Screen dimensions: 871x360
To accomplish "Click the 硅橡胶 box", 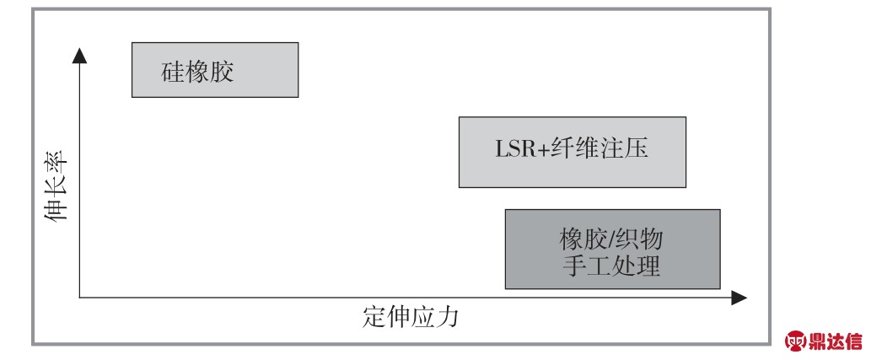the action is (x=215, y=70).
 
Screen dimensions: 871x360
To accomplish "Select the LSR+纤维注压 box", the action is (x=573, y=152).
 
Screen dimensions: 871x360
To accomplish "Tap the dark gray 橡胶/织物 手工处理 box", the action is (x=613, y=249).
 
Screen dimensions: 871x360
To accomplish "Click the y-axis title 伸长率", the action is (x=56, y=185).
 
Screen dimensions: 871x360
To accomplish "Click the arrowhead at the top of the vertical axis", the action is (x=79, y=56).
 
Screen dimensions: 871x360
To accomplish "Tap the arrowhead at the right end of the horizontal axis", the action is (x=739, y=298).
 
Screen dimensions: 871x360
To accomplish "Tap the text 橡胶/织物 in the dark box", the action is (x=611, y=240).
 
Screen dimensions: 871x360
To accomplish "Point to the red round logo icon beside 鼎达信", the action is (x=796, y=341).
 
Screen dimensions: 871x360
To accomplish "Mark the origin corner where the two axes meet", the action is (x=79, y=298).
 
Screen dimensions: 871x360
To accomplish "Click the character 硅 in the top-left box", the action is (x=173, y=73).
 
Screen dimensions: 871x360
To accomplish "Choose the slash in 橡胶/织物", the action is (x=611, y=240).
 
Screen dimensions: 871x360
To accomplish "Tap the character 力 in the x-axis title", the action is (x=447, y=317).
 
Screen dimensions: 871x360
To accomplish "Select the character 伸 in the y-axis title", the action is (x=56, y=210).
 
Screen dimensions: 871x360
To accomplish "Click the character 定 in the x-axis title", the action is (x=374, y=317).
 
